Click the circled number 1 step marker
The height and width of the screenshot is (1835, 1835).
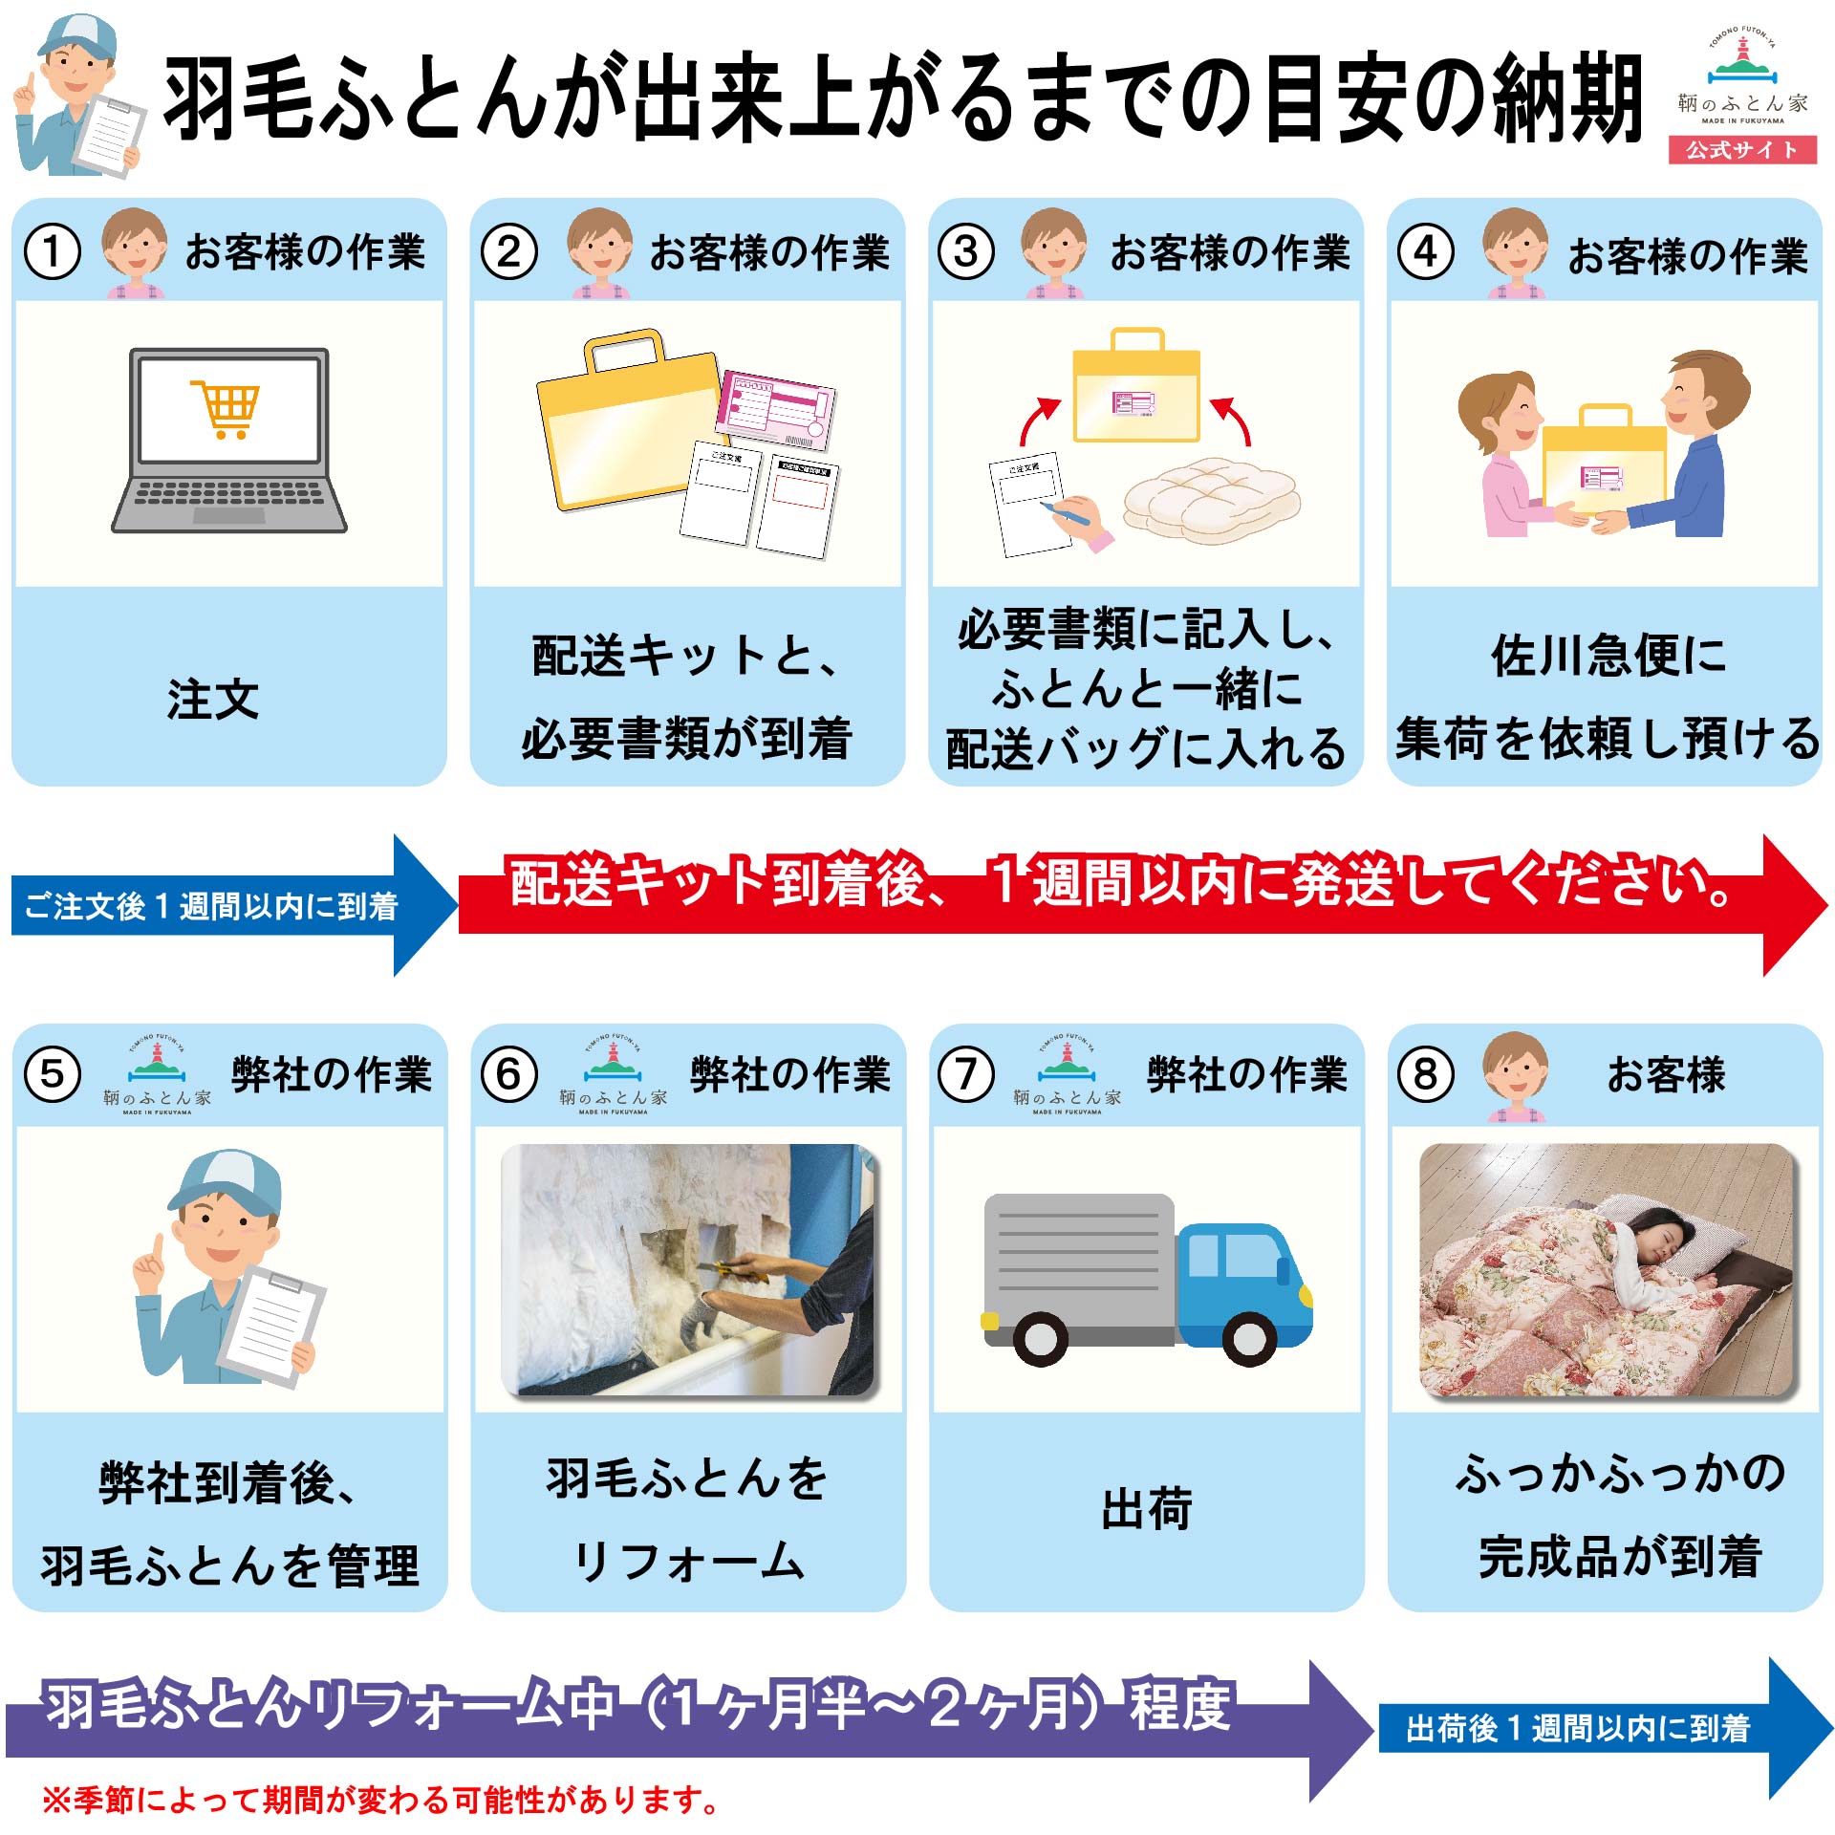tap(52, 252)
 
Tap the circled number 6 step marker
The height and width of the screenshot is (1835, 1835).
tap(509, 1074)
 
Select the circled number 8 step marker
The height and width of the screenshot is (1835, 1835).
tap(1425, 1074)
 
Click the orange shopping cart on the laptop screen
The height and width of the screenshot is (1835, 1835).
tap(227, 408)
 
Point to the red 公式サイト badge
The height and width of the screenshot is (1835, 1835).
tap(1742, 150)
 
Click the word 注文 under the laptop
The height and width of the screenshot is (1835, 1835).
tap(213, 700)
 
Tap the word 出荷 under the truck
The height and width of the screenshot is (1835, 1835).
tap(1146, 1508)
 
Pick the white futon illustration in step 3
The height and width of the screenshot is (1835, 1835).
tap(1211, 499)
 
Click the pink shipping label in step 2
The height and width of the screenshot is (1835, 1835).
tap(776, 409)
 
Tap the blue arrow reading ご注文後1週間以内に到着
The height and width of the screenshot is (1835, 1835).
tap(220, 905)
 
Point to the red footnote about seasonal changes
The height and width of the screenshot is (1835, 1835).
tap(379, 1801)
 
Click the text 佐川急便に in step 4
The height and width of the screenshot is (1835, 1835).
tap(1608, 656)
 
